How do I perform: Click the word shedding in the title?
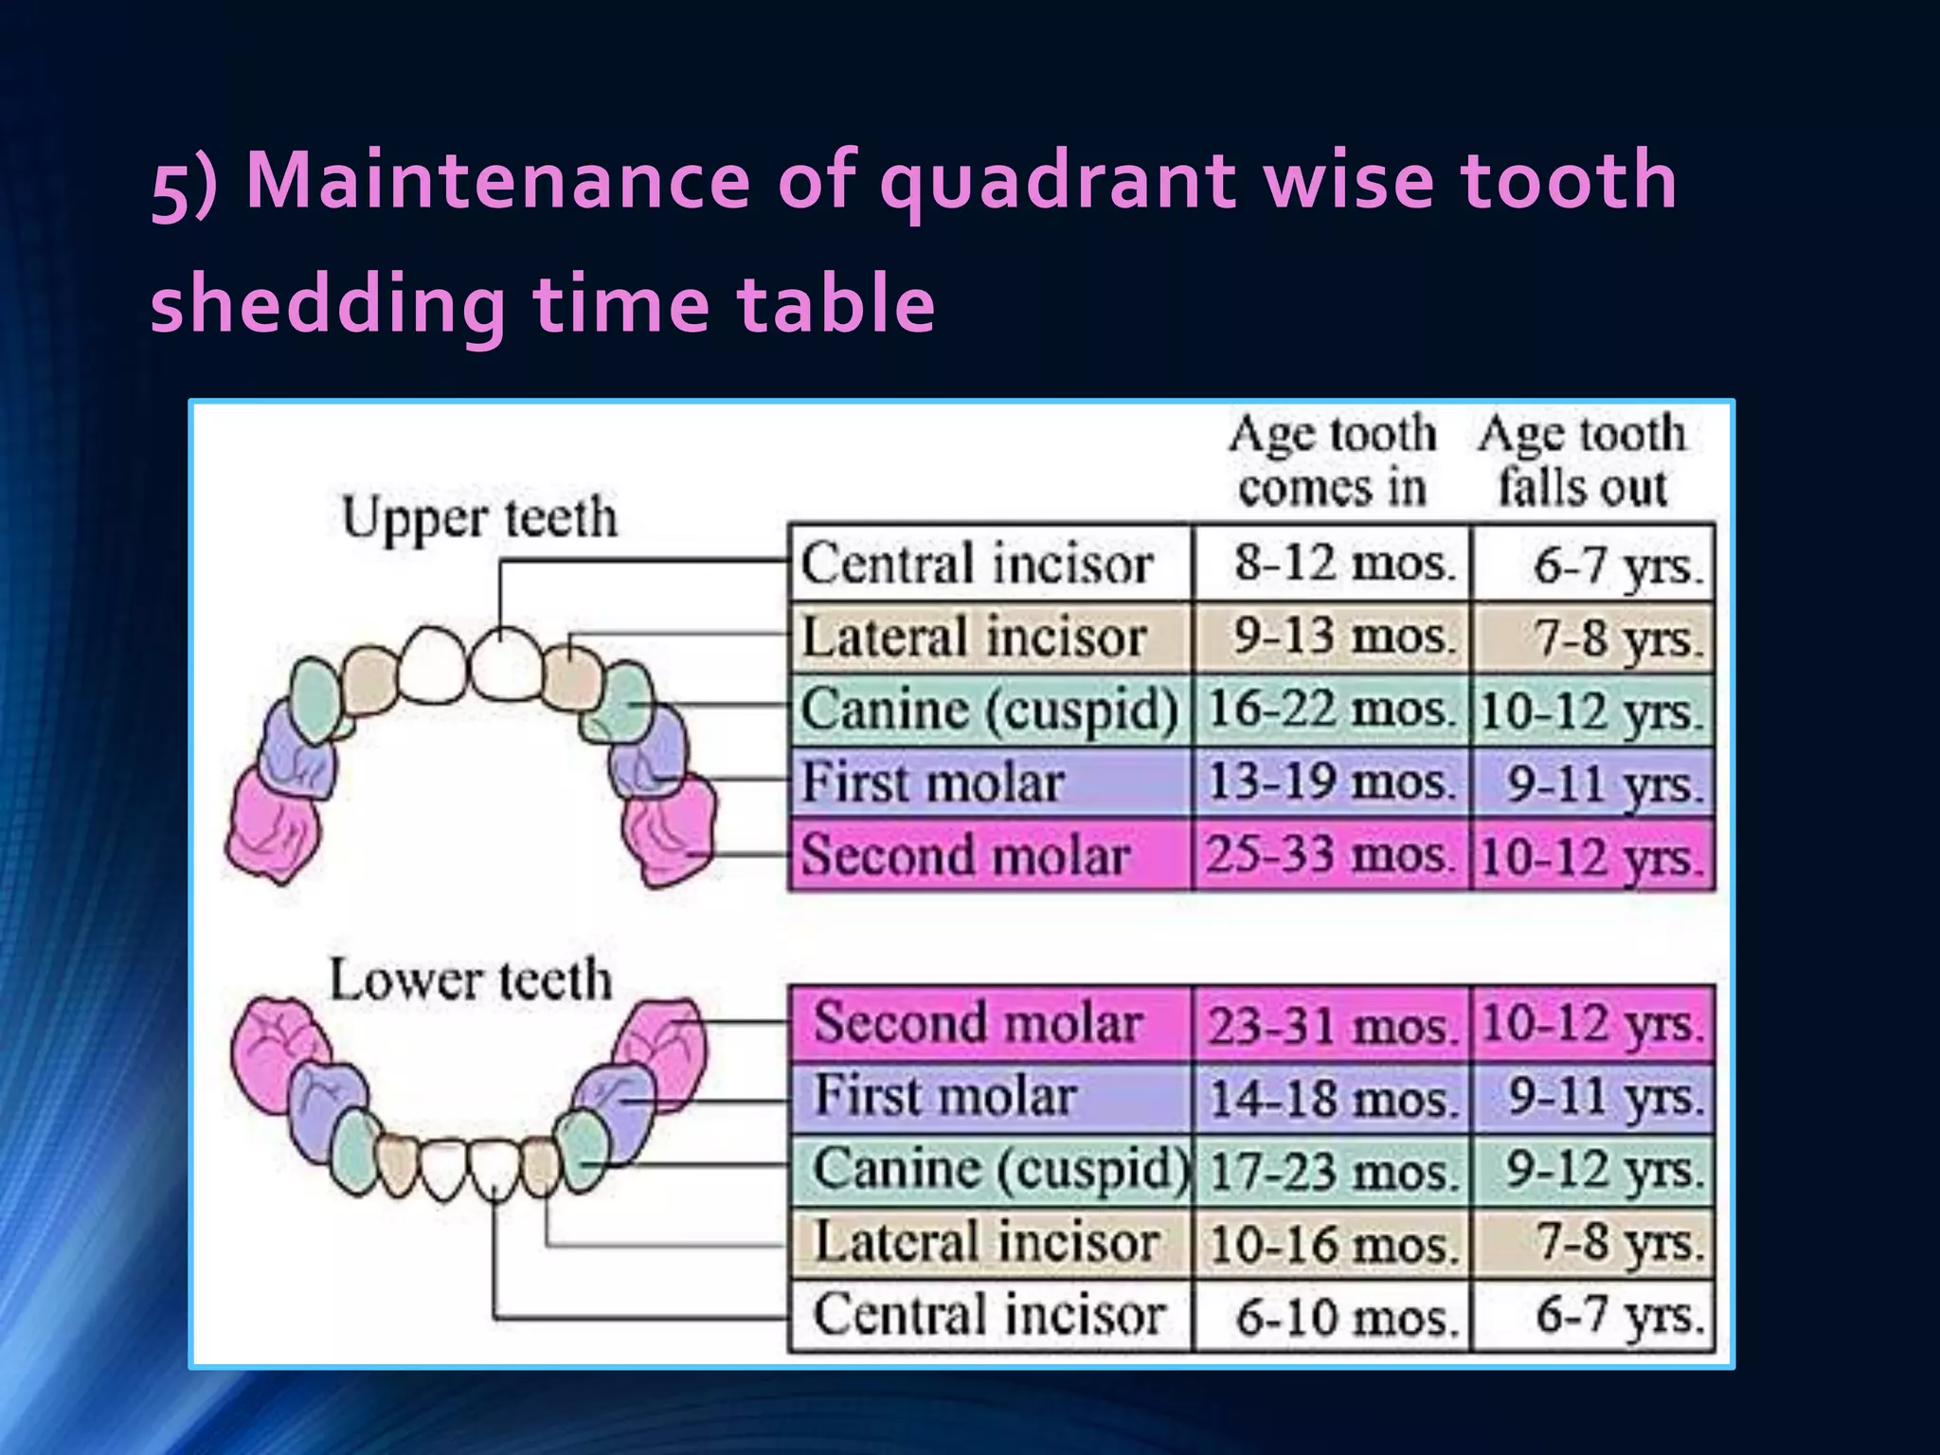(328, 305)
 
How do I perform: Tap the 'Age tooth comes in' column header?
(1332, 460)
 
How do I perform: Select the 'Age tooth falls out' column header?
(1582, 460)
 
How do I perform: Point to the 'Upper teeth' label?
(479, 518)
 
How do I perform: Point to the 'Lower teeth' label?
(470, 979)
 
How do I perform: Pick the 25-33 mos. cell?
(1330, 855)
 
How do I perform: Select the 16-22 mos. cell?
(1330, 710)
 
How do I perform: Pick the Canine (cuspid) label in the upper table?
(989, 710)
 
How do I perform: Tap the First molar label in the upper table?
(934, 782)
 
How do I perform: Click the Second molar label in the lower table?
(978, 1023)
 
